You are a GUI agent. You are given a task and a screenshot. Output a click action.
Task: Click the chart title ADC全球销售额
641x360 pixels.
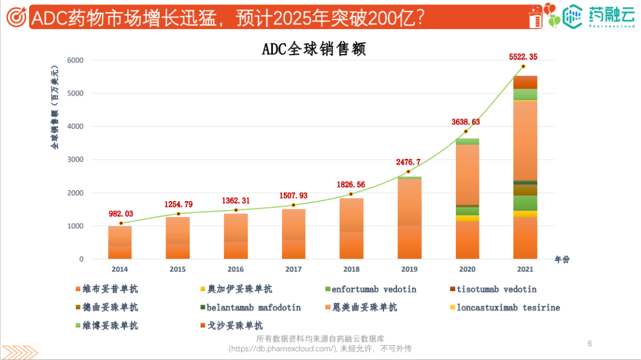click(x=314, y=49)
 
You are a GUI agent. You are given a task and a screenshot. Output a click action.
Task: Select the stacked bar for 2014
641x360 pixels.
click(x=120, y=243)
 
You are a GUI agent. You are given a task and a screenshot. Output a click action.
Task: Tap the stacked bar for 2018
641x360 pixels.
click(x=351, y=229)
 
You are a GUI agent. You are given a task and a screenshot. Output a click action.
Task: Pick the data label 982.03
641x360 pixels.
click(x=120, y=214)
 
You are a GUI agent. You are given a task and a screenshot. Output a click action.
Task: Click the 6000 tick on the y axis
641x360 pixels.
click(x=75, y=60)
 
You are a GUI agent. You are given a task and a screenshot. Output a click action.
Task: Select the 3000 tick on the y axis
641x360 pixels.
click(x=75, y=160)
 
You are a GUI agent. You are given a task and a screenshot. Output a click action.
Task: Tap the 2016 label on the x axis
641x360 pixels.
click(x=235, y=269)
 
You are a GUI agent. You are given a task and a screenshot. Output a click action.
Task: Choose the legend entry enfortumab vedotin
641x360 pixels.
click(x=374, y=289)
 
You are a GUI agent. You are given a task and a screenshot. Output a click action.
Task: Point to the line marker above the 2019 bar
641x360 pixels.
click(x=408, y=171)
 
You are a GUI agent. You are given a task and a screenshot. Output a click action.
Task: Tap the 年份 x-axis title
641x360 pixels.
click(x=561, y=260)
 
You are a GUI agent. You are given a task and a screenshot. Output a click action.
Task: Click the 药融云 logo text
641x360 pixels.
click(x=612, y=13)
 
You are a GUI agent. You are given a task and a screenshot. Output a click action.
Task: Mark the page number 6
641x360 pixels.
click(x=589, y=343)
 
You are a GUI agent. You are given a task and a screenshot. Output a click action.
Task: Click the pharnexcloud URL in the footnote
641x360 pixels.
click(x=283, y=349)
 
